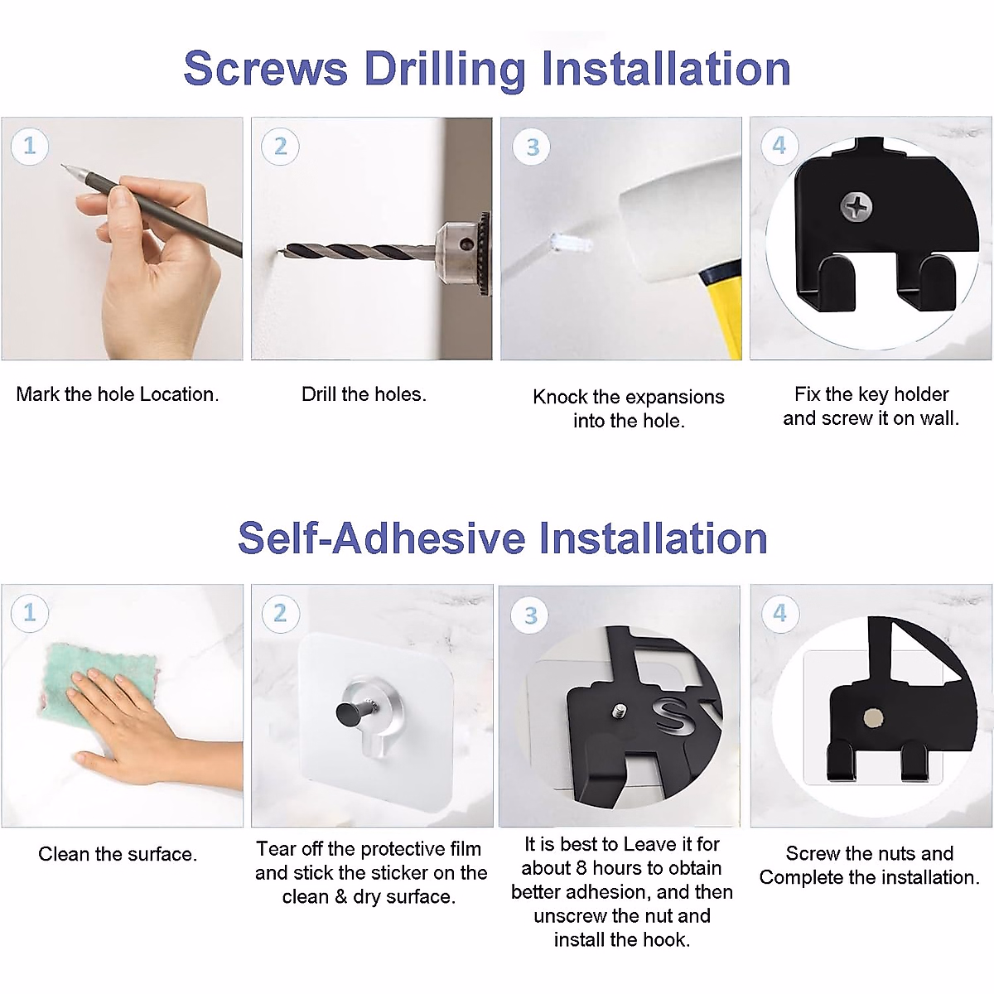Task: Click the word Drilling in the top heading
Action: (445, 70)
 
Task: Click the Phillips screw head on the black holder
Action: (856, 206)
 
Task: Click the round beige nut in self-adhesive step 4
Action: (873, 717)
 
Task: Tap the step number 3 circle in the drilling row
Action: (532, 147)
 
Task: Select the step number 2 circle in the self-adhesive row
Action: (280, 613)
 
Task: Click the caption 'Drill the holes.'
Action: (364, 394)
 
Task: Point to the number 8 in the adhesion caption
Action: (581, 868)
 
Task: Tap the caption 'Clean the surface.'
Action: (118, 854)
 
